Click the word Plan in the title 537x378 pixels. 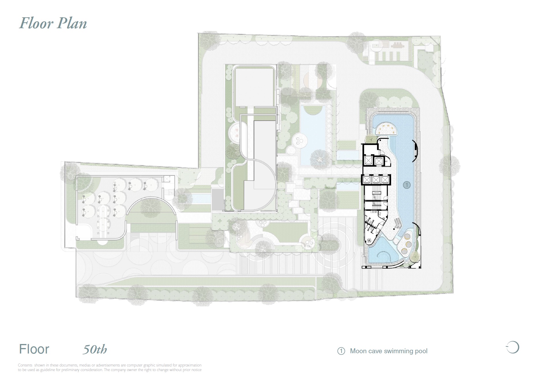click(x=72, y=23)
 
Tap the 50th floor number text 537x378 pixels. click(x=95, y=349)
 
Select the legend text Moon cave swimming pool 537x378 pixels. click(x=388, y=351)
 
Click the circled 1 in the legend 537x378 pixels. click(x=341, y=351)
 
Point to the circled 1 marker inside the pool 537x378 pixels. click(x=407, y=185)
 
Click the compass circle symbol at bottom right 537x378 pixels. click(x=513, y=347)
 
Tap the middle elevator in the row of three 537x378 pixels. click(x=376, y=180)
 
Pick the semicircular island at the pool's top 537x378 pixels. click(x=385, y=129)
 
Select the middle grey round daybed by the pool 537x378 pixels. click(x=408, y=244)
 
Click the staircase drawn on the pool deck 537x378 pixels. click(x=398, y=223)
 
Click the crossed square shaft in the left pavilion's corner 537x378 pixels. click(x=166, y=179)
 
